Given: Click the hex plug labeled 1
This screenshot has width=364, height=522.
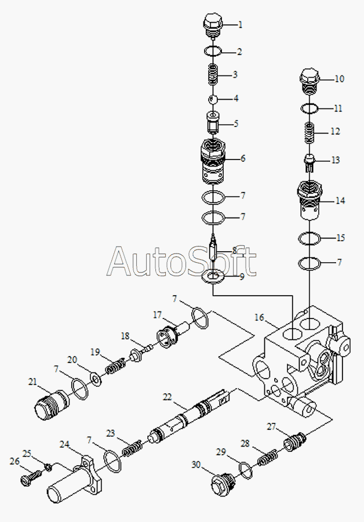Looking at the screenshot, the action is click(x=212, y=25).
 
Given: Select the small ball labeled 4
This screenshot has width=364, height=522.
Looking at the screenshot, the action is click(x=213, y=99).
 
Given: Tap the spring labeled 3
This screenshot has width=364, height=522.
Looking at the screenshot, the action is click(x=213, y=75).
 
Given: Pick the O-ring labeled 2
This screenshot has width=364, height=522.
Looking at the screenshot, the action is click(x=213, y=51).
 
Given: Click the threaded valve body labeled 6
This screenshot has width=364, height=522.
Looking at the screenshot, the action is click(x=213, y=161).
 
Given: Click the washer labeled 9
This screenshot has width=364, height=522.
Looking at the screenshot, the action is click(x=213, y=277).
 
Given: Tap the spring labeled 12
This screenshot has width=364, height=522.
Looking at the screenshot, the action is click(x=310, y=133).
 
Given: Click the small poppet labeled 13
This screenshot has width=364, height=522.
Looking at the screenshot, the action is click(x=310, y=163).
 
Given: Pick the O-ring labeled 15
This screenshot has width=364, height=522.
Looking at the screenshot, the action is click(x=310, y=238).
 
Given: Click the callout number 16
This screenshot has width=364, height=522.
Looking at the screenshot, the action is click(x=259, y=317).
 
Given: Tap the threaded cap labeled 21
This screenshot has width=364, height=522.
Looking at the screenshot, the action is click(x=52, y=404).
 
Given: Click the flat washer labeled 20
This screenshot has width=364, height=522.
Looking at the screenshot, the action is click(x=96, y=379).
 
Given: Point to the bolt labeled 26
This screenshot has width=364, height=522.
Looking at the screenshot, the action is click(x=31, y=476).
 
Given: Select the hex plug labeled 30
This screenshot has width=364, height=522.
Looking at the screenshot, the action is click(x=223, y=484).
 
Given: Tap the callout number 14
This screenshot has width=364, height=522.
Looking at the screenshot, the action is click(x=340, y=201).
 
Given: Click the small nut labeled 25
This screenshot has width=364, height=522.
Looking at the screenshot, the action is click(x=48, y=467).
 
